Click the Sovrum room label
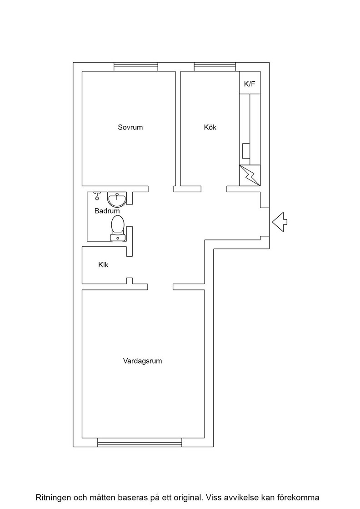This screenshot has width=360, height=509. [130, 127]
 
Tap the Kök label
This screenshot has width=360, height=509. [210, 127]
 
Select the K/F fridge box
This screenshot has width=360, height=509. [250, 83]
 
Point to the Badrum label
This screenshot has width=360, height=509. [107, 211]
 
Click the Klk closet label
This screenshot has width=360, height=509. [103, 265]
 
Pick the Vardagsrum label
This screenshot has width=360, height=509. [143, 361]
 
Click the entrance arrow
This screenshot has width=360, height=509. [280, 222]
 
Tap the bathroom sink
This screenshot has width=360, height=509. [117, 200]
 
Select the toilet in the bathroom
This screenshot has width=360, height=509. [117, 229]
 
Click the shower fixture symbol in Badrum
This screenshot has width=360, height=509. [97, 195]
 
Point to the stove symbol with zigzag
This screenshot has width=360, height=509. [250, 175]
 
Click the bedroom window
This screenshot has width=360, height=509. [136, 66]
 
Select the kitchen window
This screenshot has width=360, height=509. [215, 66]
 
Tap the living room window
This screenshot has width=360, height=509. [140, 443]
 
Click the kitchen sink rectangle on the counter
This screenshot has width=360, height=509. [246, 150]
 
